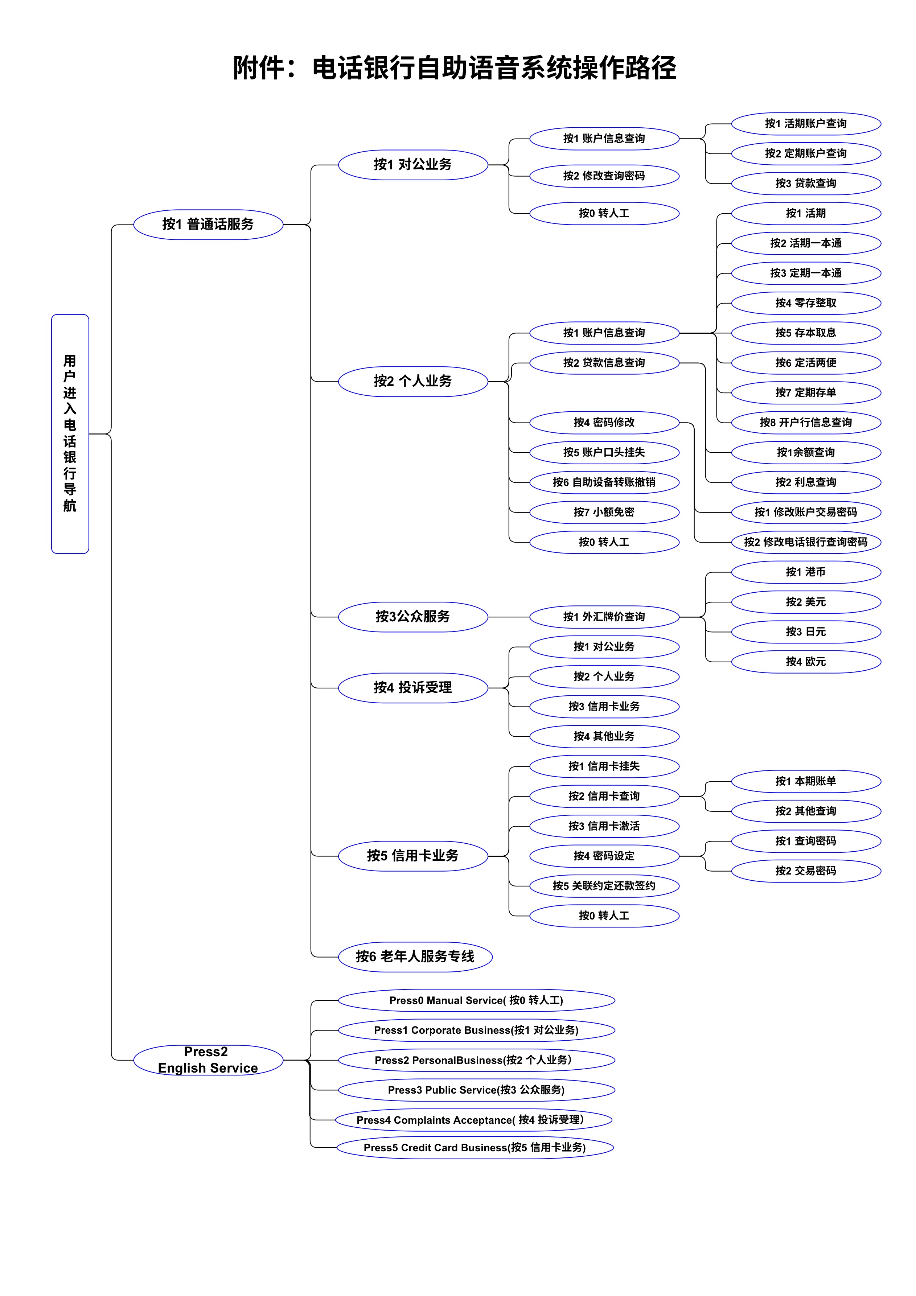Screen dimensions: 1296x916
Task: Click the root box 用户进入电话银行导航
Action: coord(70,433)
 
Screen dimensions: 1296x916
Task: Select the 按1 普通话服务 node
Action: coord(208,225)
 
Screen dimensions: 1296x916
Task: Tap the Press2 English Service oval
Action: coord(208,1060)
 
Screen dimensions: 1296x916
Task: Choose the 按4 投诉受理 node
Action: coord(412,687)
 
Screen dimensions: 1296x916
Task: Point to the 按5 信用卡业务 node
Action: coord(412,856)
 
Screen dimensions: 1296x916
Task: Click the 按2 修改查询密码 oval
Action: coord(604,176)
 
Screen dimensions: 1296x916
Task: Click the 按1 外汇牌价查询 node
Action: coord(604,617)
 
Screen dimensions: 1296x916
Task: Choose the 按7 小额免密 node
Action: coord(604,512)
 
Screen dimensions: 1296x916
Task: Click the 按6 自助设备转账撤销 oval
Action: coord(604,482)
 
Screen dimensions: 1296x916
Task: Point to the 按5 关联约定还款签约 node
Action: coord(604,886)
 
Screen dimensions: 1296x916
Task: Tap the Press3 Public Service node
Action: coord(476,1090)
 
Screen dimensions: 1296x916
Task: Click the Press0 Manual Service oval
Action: coord(476,1000)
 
